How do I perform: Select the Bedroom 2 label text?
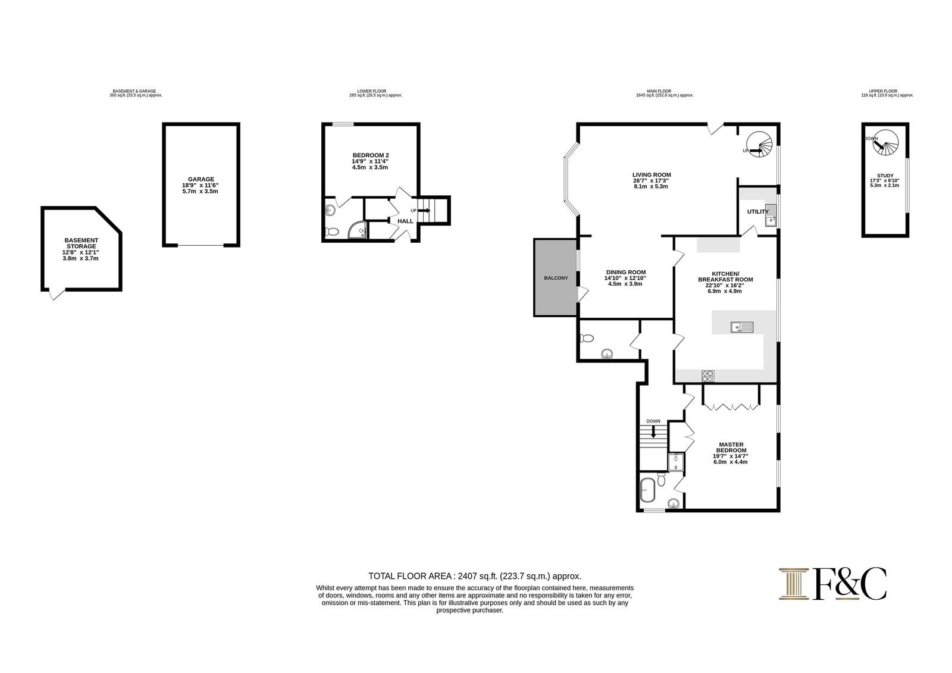(x=371, y=155)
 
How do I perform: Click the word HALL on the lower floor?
(x=405, y=221)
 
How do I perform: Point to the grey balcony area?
(x=556, y=278)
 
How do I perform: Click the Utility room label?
(x=758, y=212)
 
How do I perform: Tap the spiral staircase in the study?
(x=886, y=142)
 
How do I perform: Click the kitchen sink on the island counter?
(x=742, y=327)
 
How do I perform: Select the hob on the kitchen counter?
(x=708, y=376)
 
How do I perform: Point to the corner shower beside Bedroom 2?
(x=358, y=230)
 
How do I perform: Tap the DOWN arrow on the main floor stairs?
(x=654, y=431)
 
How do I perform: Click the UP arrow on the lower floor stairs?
(x=424, y=210)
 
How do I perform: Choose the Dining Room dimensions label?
(x=625, y=281)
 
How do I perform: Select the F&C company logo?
(x=832, y=584)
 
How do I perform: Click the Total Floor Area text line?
(x=475, y=577)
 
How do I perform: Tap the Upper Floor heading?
(x=883, y=91)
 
